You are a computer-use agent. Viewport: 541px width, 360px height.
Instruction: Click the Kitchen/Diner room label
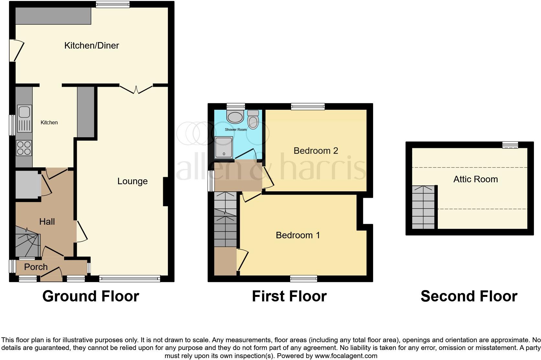pyautogui.click(x=92, y=46)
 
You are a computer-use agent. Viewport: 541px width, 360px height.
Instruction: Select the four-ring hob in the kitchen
pyautogui.click(x=24, y=148)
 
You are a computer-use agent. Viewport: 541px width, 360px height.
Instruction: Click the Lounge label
pyautogui.click(x=132, y=181)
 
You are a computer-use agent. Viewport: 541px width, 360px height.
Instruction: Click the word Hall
pyautogui.click(x=47, y=222)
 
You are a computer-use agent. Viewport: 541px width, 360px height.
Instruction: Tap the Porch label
pyautogui.click(x=36, y=267)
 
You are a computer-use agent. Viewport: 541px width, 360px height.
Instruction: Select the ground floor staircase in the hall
pyautogui.click(x=28, y=241)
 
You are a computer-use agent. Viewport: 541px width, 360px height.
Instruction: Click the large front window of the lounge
pyautogui.click(x=129, y=278)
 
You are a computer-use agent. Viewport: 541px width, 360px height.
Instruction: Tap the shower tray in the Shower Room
pyautogui.click(x=224, y=147)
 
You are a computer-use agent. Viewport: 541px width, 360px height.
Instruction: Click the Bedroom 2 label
pyautogui.click(x=316, y=151)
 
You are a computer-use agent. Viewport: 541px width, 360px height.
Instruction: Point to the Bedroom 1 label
pyautogui.click(x=298, y=235)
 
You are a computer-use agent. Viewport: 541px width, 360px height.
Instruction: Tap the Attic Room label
pyautogui.click(x=475, y=179)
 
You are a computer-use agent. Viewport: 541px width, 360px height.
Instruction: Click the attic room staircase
pyautogui.click(x=423, y=207)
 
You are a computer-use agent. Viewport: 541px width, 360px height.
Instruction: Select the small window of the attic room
pyautogui.click(x=510, y=145)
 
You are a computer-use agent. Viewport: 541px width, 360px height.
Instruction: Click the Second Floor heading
pyautogui.click(x=469, y=296)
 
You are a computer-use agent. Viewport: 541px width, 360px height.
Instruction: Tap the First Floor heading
pyautogui.click(x=289, y=296)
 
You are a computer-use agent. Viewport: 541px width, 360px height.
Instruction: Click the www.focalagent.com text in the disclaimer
pyautogui.click(x=346, y=356)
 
